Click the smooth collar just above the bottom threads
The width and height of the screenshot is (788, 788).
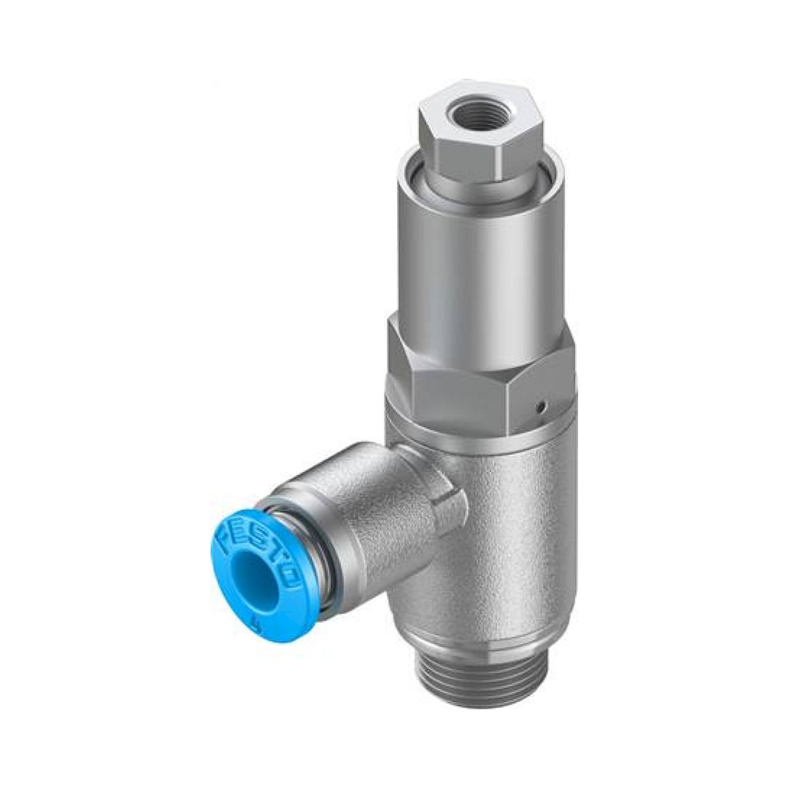pos(477,636)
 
